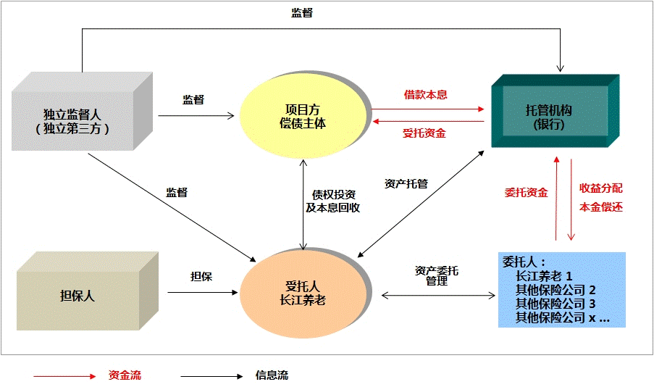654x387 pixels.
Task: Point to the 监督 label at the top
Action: [x=301, y=13]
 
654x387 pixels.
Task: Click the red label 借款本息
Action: [x=425, y=95]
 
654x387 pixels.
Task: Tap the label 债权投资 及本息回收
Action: [x=332, y=201]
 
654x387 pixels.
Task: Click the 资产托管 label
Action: [x=406, y=183]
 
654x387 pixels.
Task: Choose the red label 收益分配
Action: [x=600, y=188]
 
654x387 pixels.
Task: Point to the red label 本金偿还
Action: [x=600, y=207]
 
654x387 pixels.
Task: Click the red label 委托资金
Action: [x=526, y=193]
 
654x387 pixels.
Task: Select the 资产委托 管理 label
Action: [x=436, y=276]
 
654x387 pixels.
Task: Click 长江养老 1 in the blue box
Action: [x=544, y=276]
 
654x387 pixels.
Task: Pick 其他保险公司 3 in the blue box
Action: [x=555, y=304]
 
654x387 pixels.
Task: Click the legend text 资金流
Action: [x=125, y=375]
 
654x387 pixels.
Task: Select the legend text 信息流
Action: [x=272, y=375]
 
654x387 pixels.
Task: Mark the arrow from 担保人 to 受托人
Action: [x=203, y=293]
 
